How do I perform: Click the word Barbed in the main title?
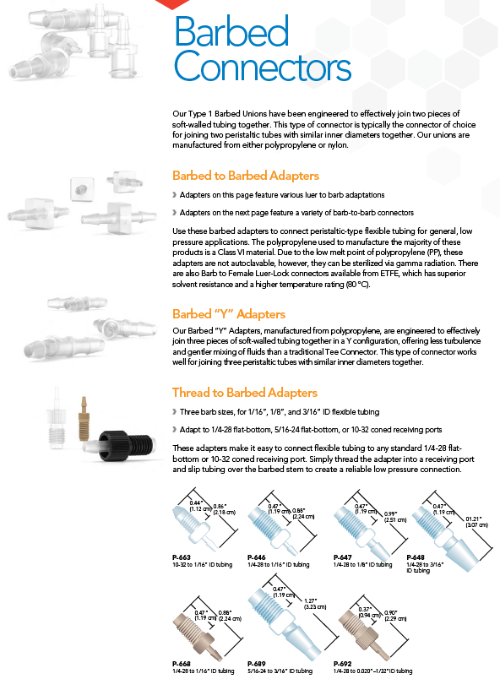[231, 31]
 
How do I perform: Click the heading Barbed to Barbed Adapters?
[246, 176]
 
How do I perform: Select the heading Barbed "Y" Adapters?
[229, 313]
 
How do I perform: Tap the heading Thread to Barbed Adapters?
[245, 393]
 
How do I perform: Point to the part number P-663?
[181, 557]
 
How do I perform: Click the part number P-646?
[256, 557]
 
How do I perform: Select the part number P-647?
[342, 557]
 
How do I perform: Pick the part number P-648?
[416, 557]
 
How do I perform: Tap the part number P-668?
[181, 664]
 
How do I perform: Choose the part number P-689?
[256, 664]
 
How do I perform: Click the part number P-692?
[342, 664]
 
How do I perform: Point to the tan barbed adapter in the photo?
[84, 417]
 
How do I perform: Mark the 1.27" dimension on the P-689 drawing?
[311, 600]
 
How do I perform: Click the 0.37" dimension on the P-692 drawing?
[365, 609]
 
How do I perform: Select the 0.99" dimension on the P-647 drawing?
[390, 513]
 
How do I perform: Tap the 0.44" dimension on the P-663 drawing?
[196, 502]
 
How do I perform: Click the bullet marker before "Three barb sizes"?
[175, 412]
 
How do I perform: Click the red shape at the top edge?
[172, 4]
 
